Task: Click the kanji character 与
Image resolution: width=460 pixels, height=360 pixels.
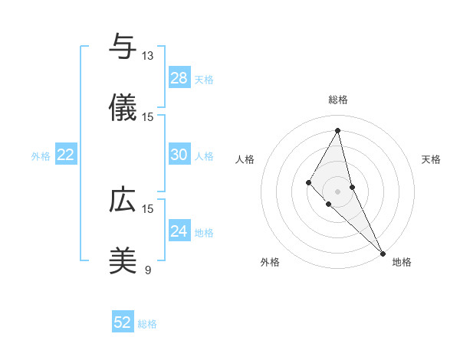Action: (123, 47)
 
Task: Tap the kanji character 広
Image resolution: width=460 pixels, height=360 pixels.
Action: (123, 201)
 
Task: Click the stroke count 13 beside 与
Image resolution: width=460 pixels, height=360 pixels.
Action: (147, 56)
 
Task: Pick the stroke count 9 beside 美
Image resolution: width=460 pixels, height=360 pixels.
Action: (147, 270)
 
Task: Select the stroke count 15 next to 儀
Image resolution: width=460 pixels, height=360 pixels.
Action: (147, 117)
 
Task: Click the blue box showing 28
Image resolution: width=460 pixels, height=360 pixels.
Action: (179, 77)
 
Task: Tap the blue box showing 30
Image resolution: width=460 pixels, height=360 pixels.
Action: (179, 155)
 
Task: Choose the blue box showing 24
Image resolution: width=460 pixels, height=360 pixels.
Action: (179, 231)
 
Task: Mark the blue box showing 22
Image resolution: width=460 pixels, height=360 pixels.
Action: (65, 155)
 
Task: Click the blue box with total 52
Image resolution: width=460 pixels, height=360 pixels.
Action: (123, 322)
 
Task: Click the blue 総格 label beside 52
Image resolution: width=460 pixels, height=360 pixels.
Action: (147, 324)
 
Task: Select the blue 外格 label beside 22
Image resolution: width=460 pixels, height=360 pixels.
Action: (41, 156)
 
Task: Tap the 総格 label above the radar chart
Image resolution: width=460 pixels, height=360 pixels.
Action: (338, 100)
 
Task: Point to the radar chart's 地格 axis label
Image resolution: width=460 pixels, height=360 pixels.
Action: (402, 262)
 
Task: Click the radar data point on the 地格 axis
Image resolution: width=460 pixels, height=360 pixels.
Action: (383, 253)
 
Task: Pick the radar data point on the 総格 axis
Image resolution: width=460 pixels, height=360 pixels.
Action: (338, 129)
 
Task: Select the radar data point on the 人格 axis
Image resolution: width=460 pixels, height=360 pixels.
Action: (308, 182)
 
